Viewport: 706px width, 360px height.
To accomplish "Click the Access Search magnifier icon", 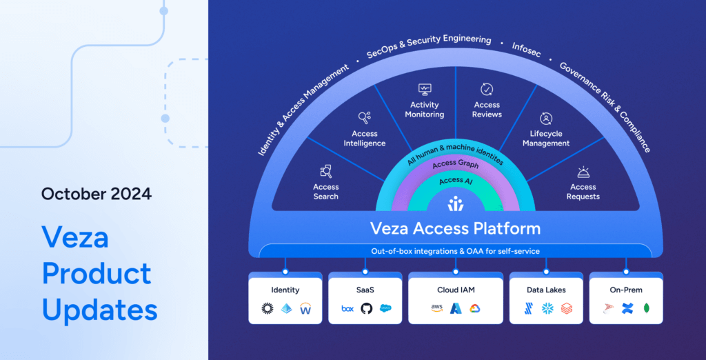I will click(x=326, y=171).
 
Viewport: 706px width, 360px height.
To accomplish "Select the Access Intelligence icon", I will click(x=365, y=118).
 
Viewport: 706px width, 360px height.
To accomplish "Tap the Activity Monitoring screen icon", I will click(x=425, y=89).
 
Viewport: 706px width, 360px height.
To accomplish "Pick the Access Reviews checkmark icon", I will click(x=487, y=89).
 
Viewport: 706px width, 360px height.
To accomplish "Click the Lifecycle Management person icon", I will click(x=546, y=118).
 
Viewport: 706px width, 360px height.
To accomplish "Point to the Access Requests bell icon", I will click(x=583, y=172).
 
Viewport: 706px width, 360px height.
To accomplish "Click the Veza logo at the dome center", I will click(x=455, y=204).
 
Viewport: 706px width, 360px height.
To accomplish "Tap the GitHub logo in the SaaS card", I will click(x=366, y=308).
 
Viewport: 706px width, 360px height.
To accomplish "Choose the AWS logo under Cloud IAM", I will click(x=436, y=308).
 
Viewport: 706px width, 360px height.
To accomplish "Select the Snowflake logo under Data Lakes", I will click(x=546, y=308).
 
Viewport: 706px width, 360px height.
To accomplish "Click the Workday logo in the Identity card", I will click(x=305, y=308).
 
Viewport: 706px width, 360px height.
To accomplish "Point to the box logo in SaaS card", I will click(x=347, y=308).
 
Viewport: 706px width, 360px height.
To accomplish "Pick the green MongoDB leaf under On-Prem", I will click(x=647, y=308).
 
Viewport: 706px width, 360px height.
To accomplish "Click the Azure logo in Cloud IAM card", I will click(x=455, y=308).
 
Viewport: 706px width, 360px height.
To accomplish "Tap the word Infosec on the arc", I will click(x=526, y=48).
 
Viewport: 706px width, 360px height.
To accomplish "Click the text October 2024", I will click(x=97, y=193).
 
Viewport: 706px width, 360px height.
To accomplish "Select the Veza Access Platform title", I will click(x=455, y=228).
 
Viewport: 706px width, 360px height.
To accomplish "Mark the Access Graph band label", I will click(x=455, y=165).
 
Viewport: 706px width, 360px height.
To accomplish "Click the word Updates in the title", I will click(x=100, y=310).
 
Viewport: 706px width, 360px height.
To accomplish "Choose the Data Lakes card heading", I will click(x=546, y=290).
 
